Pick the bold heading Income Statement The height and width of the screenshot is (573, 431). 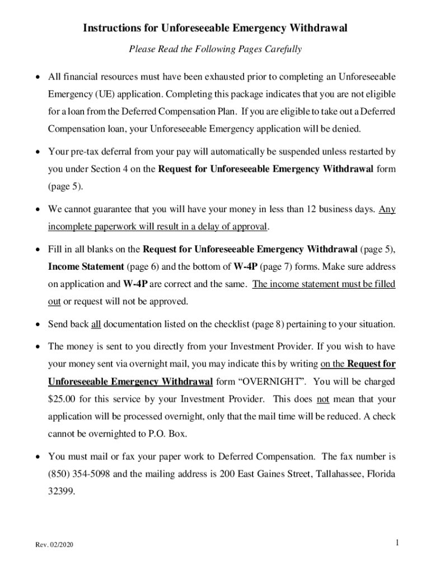[x=86, y=267]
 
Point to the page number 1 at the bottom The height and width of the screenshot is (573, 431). [x=396, y=542]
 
